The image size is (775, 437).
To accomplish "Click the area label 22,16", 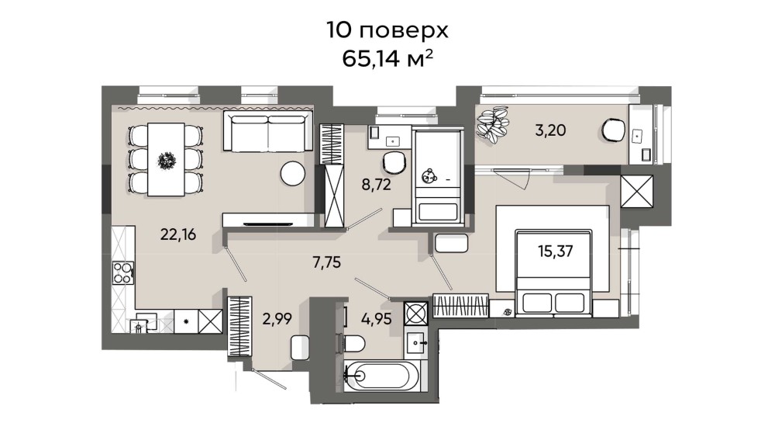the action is click(x=178, y=234).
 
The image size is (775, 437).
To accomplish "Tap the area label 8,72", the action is click(x=376, y=185).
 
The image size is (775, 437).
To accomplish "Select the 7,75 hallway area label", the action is click(x=327, y=262).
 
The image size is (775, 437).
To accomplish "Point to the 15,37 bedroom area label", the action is click(x=556, y=251).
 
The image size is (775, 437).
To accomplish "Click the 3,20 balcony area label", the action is click(x=550, y=130).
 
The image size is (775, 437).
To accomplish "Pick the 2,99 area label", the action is click(x=277, y=319).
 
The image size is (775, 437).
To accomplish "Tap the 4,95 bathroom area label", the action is click(x=377, y=319).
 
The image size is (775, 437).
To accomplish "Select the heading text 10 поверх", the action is click(x=387, y=30).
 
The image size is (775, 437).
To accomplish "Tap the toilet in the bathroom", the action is click(x=353, y=342).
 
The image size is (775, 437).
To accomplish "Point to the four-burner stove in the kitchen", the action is click(x=123, y=273).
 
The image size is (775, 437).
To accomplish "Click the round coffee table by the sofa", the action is click(x=293, y=173).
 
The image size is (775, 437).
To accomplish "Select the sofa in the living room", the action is click(x=268, y=131).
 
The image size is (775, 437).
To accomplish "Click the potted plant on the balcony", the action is click(x=492, y=125).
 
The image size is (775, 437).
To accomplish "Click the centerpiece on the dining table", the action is click(x=166, y=161).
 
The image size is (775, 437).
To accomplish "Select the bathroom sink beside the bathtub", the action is click(x=415, y=342).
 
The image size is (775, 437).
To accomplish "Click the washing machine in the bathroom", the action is click(x=415, y=313).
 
